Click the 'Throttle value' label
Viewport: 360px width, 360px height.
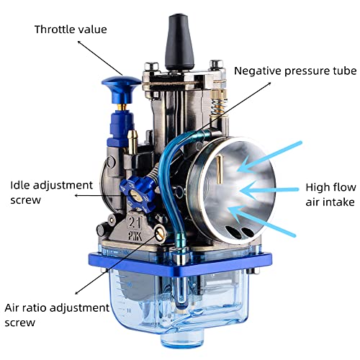[71, 30]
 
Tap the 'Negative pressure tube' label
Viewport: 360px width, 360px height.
[295, 71]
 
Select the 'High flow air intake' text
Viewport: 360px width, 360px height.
[330, 194]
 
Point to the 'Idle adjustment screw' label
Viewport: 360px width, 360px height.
[51, 192]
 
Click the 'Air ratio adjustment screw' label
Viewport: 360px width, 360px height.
[57, 315]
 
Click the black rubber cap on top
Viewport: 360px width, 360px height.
[179, 42]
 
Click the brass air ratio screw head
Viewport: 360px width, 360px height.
[160, 232]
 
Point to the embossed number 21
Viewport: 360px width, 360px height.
[135, 222]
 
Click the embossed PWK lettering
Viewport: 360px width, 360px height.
[135, 235]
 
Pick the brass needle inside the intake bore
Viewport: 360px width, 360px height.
[219, 169]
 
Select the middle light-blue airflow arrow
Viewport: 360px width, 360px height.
[269, 190]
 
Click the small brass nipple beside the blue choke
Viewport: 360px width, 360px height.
[132, 142]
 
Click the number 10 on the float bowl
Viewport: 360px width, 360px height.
[129, 310]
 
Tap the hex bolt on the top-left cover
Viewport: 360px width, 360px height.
[151, 66]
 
